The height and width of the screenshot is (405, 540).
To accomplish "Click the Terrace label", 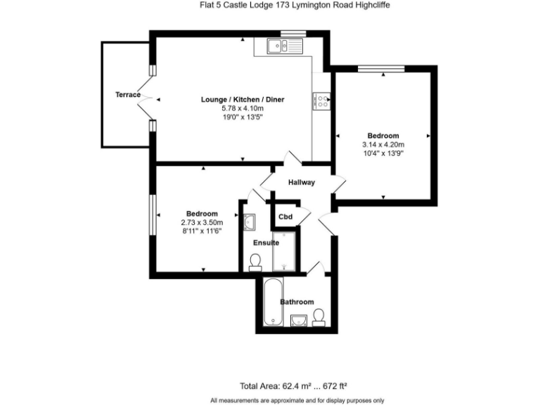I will click(x=128, y=95).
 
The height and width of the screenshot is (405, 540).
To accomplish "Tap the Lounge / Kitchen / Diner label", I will click(x=243, y=100).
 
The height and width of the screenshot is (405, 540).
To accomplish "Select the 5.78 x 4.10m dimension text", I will click(x=243, y=109).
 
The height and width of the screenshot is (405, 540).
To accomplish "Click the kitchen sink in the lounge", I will click(x=285, y=47).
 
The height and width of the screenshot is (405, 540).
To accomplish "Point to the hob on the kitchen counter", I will click(x=322, y=101).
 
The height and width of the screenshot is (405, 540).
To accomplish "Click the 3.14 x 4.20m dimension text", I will click(x=383, y=145).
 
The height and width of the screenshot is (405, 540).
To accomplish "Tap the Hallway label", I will click(x=301, y=183).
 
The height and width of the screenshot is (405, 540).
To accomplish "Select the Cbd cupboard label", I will click(x=285, y=217).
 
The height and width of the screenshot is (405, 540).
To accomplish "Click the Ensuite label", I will click(x=266, y=243).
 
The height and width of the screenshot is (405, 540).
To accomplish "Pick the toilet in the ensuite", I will click(x=256, y=262).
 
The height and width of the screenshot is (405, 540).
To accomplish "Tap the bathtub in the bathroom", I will click(x=271, y=302).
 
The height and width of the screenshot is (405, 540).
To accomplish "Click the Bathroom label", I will click(x=297, y=302).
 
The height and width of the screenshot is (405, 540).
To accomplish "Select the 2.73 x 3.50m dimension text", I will click(x=202, y=222).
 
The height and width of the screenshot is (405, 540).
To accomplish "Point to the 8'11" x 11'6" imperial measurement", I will click(x=202, y=231).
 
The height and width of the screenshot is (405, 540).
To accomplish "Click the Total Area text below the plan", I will click(x=295, y=385).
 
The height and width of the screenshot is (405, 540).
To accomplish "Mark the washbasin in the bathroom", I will click(x=298, y=321).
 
